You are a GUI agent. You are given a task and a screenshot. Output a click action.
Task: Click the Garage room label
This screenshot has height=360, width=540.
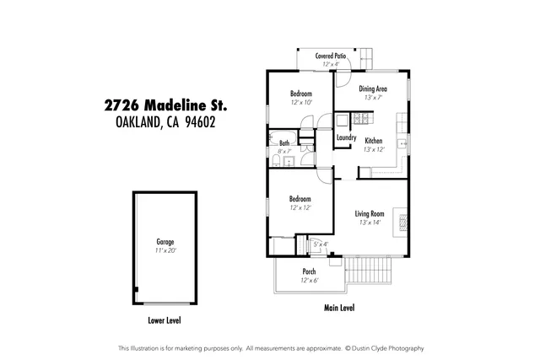point(165,242)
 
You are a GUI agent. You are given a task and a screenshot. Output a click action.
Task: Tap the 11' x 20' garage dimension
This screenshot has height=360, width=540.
point(165,250)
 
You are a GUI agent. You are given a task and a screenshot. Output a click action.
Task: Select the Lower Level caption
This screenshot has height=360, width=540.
point(165,320)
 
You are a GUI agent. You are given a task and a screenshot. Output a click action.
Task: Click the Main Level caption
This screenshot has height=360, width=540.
point(339,309)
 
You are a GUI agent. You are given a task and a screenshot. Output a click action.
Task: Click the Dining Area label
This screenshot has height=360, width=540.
point(373,89)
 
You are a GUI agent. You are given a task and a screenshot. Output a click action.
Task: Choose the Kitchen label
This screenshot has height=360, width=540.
point(374,141)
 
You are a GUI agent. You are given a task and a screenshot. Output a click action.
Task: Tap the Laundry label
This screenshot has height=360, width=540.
point(346,137)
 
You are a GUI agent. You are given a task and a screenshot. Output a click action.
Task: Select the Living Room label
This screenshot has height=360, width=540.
point(370,214)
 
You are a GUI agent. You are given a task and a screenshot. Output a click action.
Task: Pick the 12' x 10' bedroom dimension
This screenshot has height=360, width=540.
point(301,102)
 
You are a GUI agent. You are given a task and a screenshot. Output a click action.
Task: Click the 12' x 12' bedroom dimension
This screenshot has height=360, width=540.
point(300,207)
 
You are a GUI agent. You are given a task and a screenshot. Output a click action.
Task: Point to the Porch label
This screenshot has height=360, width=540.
point(309,271)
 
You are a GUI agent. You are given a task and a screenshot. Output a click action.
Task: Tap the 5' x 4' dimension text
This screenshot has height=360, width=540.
point(320,244)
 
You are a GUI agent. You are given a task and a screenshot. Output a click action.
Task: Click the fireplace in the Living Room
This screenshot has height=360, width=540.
point(402,222)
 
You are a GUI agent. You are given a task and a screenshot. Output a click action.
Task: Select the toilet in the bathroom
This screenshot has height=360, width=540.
point(277,160)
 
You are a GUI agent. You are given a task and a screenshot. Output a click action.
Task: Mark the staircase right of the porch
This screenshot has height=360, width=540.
point(369,270)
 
